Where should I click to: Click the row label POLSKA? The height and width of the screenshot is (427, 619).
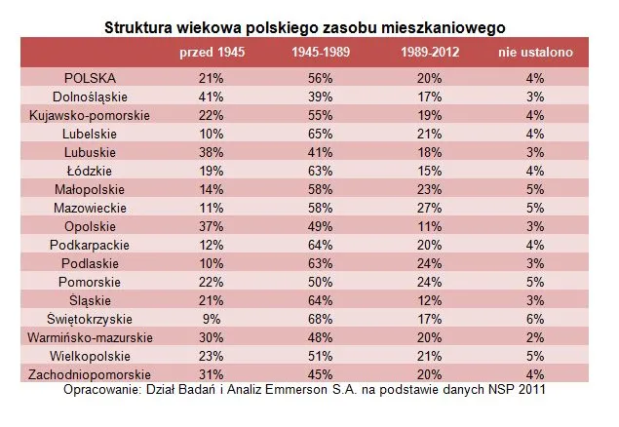pos(91,78)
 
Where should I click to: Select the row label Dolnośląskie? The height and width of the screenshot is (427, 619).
pos(91,97)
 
